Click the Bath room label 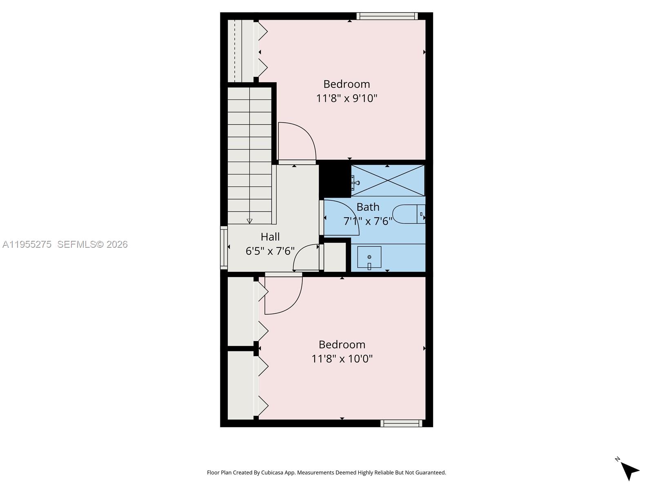pos(368,207)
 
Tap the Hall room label pos(270,237)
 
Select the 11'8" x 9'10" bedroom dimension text pos(346,98)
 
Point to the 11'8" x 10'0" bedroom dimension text pos(342,359)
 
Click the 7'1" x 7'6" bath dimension pos(368,221)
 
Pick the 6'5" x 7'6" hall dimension pos(270,251)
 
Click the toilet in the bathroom pos(409,214)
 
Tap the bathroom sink pos(369,258)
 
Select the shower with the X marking pos(388,180)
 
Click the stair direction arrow pos(249,221)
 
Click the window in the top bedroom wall pos(386,16)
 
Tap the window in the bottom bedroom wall pos(401,423)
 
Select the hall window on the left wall pos(224,248)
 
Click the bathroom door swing pos(341,218)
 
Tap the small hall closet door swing pos(306,258)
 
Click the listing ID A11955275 pos(27,244)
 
